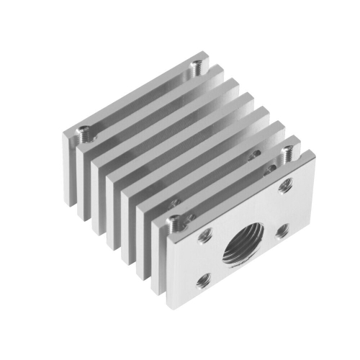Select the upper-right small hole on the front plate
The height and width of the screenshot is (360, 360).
click(x=279, y=186)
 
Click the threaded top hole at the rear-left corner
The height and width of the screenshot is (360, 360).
click(x=85, y=132)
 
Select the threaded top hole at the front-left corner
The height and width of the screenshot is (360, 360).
click(x=173, y=220)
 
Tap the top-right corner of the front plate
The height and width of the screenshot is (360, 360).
click(x=314, y=153)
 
